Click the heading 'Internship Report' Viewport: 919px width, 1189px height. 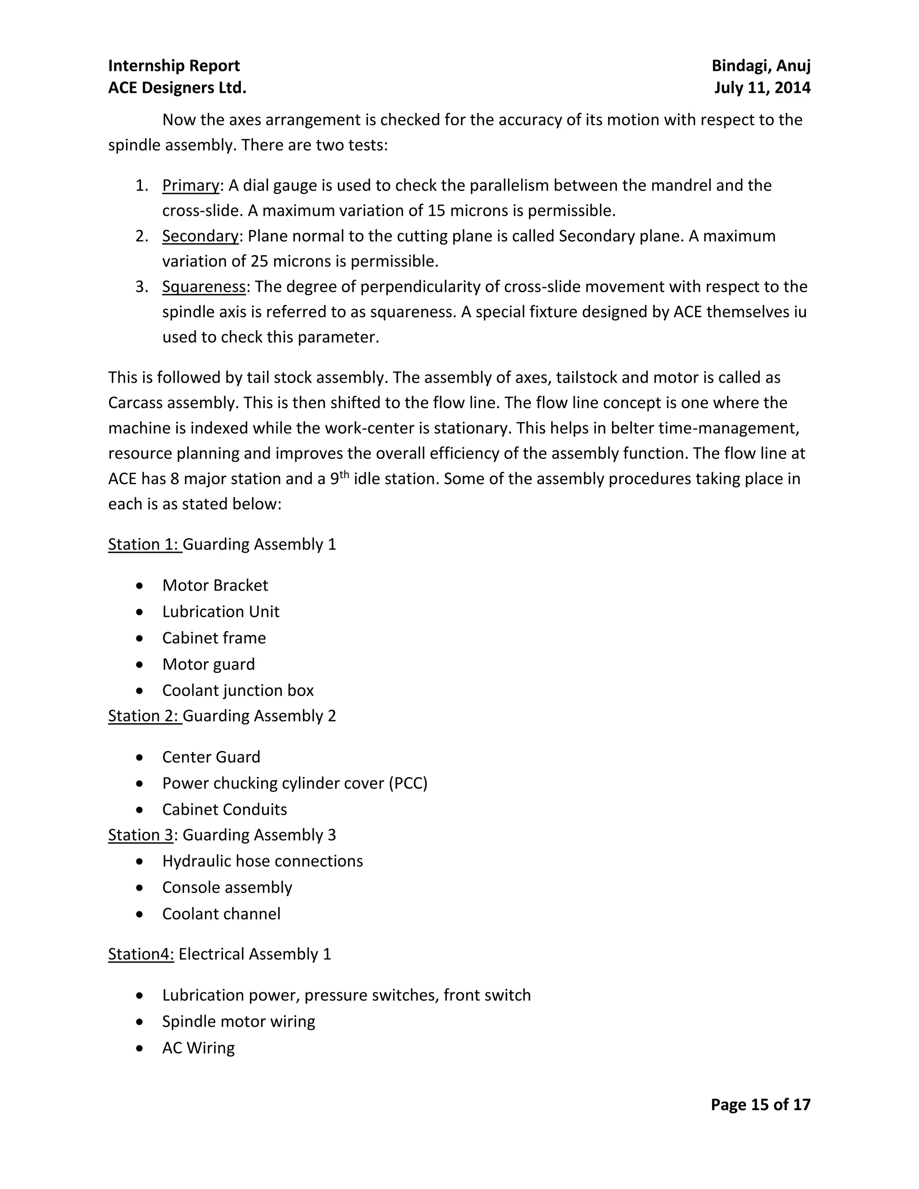point(174,66)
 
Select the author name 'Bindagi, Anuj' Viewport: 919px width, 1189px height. point(761,66)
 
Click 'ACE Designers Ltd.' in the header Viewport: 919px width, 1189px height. point(177,87)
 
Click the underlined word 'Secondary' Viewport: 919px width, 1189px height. point(200,236)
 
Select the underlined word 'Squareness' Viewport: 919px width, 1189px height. point(204,287)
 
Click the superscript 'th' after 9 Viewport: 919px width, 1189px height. point(344,474)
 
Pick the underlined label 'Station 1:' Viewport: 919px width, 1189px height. point(144,544)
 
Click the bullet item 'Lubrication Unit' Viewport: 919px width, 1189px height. point(220,612)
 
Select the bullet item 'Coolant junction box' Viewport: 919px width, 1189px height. point(238,691)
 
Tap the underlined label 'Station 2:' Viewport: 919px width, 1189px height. point(144,716)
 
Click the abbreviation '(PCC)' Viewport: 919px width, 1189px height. point(408,783)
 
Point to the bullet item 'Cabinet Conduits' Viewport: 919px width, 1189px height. point(224,809)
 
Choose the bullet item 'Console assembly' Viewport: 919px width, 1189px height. point(227,888)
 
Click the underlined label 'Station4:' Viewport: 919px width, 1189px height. point(141,954)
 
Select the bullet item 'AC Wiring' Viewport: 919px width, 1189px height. point(198,1048)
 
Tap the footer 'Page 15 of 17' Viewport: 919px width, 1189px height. point(760,1105)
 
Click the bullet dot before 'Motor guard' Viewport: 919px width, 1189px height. point(140,665)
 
